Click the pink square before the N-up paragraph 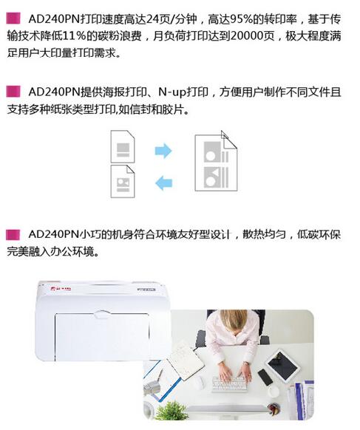[12, 93]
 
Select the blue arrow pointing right [163, 151]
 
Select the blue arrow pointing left [163, 182]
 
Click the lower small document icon [122, 181]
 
